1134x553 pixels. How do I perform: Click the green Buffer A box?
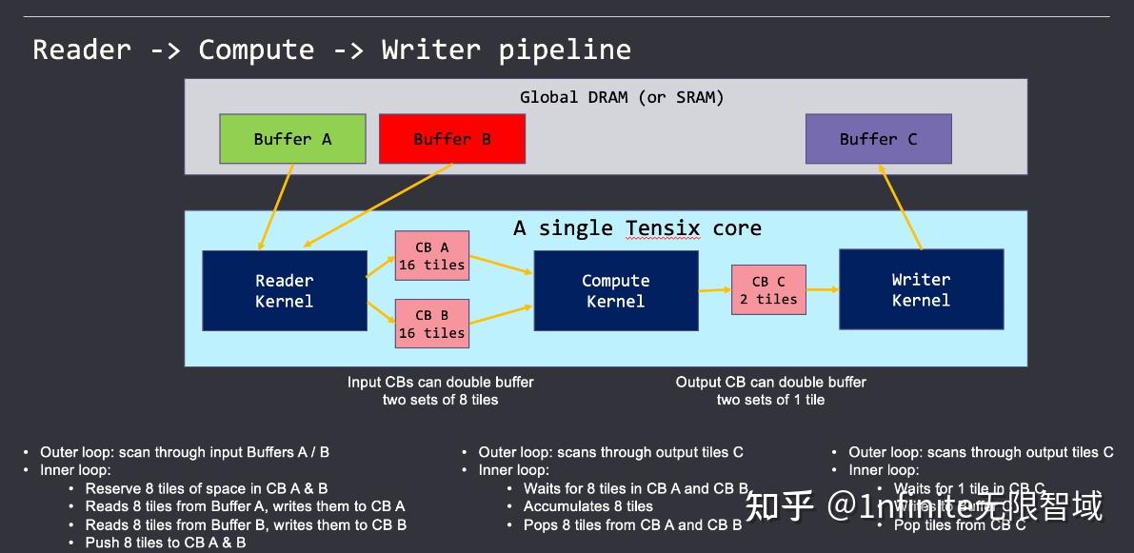pos(292,139)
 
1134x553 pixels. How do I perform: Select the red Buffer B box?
pos(451,139)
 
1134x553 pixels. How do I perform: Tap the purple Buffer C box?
pos(878,139)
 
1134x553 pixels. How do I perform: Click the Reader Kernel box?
pos(284,290)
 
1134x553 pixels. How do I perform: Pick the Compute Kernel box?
pos(615,290)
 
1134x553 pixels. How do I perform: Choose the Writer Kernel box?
pos(921,289)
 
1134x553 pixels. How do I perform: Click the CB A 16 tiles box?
pos(431,255)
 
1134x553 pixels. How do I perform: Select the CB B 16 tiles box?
pos(431,324)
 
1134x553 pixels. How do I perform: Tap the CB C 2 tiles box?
pos(768,289)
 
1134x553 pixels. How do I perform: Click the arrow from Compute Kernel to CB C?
pos(714,289)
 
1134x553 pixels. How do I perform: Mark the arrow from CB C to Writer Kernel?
pos(823,289)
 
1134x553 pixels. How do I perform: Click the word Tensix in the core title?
pos(663,228)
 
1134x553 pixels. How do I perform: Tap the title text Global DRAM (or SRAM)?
pos(622,97)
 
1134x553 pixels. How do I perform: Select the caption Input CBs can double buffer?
pos(440,382)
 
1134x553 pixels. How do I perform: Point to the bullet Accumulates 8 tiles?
pos(587,506)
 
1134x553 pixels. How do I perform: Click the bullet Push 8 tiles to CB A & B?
pos(165,543)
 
